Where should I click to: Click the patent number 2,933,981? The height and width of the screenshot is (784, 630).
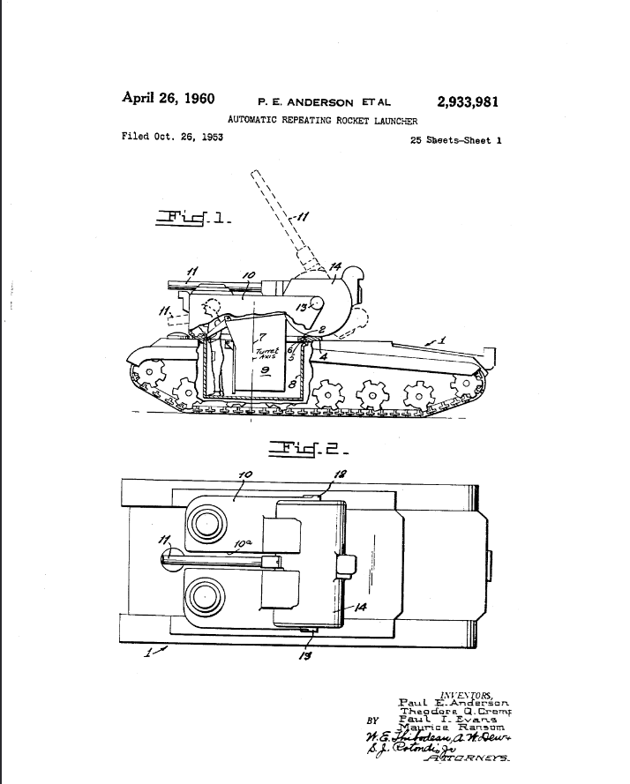[x=467, y=101]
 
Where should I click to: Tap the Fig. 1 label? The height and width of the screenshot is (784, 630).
[x=193, y=216]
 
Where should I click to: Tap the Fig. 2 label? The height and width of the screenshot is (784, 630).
[x=303, y=449]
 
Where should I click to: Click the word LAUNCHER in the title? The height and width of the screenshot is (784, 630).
[x=394, y=121]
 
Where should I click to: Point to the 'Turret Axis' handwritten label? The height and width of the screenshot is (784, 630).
[x=266, y=353]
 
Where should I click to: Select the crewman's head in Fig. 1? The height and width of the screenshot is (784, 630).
[x=212, y=310]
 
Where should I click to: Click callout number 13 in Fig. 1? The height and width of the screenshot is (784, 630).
[x=302, y=306]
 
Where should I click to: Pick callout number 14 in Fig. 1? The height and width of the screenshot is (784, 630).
[x=335, y=267]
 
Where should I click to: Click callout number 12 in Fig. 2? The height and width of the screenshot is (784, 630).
[x=341, y=474]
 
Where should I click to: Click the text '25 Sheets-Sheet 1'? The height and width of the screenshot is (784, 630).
[x=455, y=139]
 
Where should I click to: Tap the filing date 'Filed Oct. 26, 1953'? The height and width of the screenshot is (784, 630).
[x=172, y=137]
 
